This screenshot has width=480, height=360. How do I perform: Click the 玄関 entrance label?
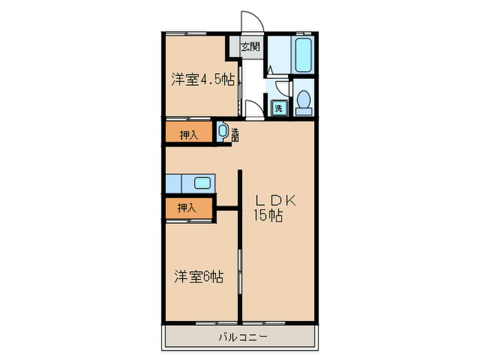(x=250, y=47)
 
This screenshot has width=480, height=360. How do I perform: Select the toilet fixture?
(x=303, y=101)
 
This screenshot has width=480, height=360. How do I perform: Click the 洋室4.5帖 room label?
(x=202, y=80)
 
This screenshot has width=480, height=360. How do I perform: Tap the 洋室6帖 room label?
(x=197, y=277)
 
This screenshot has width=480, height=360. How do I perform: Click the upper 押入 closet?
(x=189, y=134)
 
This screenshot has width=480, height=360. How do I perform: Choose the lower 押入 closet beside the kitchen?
(x=187, y=207)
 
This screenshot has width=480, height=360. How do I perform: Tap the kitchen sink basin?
(x=202, y=183)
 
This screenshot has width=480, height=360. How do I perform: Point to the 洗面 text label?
(x=235, y=135)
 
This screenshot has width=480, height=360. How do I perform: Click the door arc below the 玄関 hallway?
(x=254, y=108)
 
